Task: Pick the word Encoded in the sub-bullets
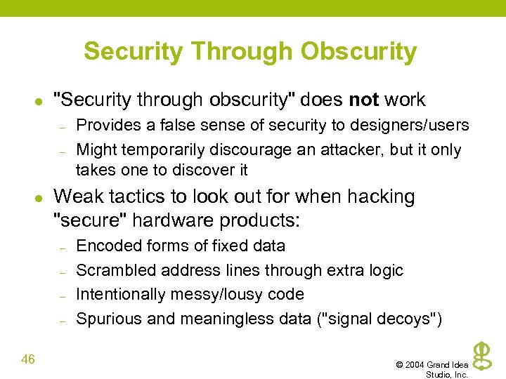tap(104, 246)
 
